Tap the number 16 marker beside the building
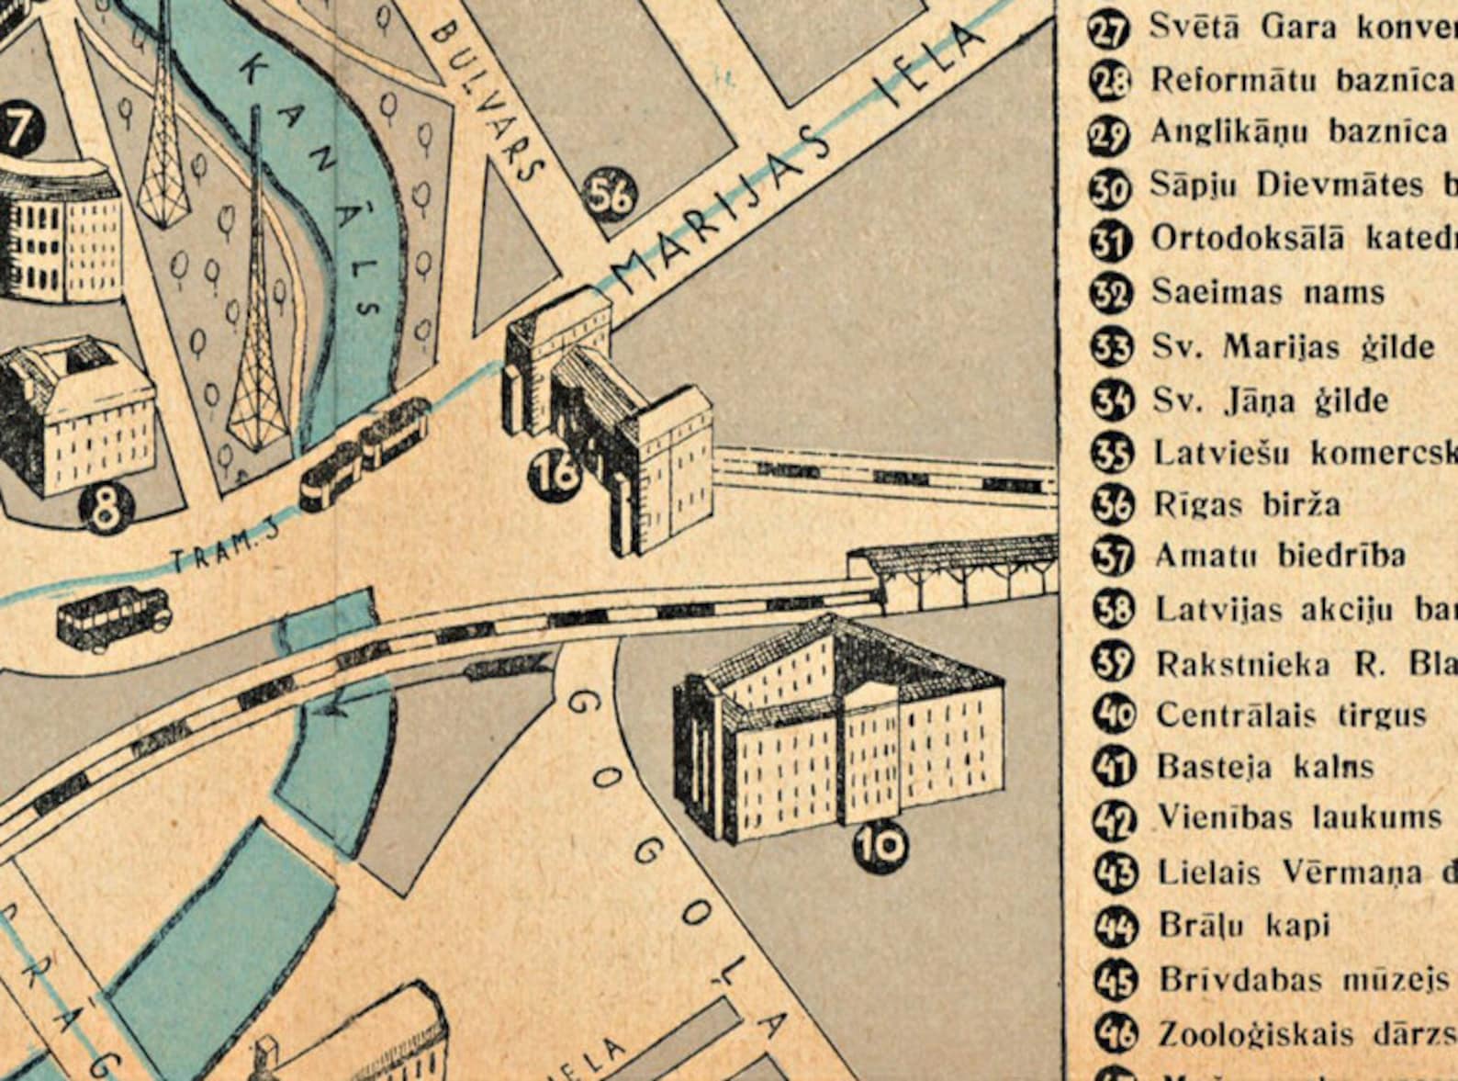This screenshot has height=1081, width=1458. [x=555, y=475]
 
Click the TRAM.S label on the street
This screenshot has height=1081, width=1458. [x=225, y=551]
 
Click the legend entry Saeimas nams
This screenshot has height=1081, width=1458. [x=1267, y=293]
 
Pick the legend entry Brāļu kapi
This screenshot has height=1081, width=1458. [x=1242, y=925]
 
